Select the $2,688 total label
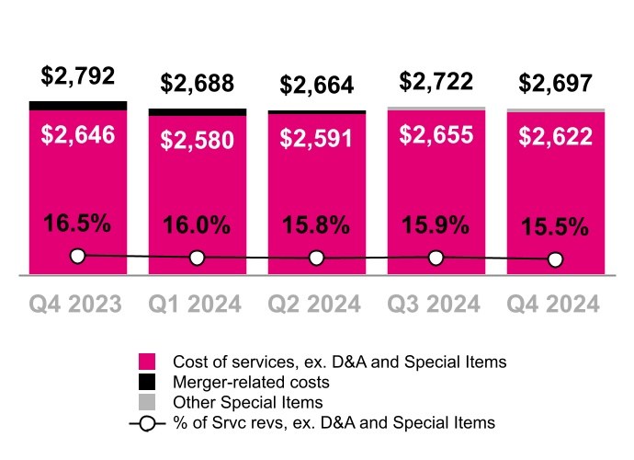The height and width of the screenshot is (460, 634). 198,84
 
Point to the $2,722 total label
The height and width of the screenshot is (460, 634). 436,81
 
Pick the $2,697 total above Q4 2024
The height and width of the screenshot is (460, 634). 556,84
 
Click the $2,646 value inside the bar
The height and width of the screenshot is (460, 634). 78,135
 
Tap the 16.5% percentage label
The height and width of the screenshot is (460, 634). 78,223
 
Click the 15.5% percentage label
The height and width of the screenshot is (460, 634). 556,226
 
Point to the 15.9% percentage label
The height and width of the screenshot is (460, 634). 436,224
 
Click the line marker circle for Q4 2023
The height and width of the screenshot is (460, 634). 78,256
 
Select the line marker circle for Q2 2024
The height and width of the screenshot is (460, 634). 317,259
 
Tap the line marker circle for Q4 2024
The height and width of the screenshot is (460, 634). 556,260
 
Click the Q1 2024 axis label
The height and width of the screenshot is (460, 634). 198,304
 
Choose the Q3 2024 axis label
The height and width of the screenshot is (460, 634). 436,304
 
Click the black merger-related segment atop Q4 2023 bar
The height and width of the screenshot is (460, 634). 78,106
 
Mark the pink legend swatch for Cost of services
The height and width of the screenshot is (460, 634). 147,361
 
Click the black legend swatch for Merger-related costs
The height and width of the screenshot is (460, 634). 147,381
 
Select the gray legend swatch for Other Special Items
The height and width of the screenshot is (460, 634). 147,401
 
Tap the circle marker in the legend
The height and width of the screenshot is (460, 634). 147,423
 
